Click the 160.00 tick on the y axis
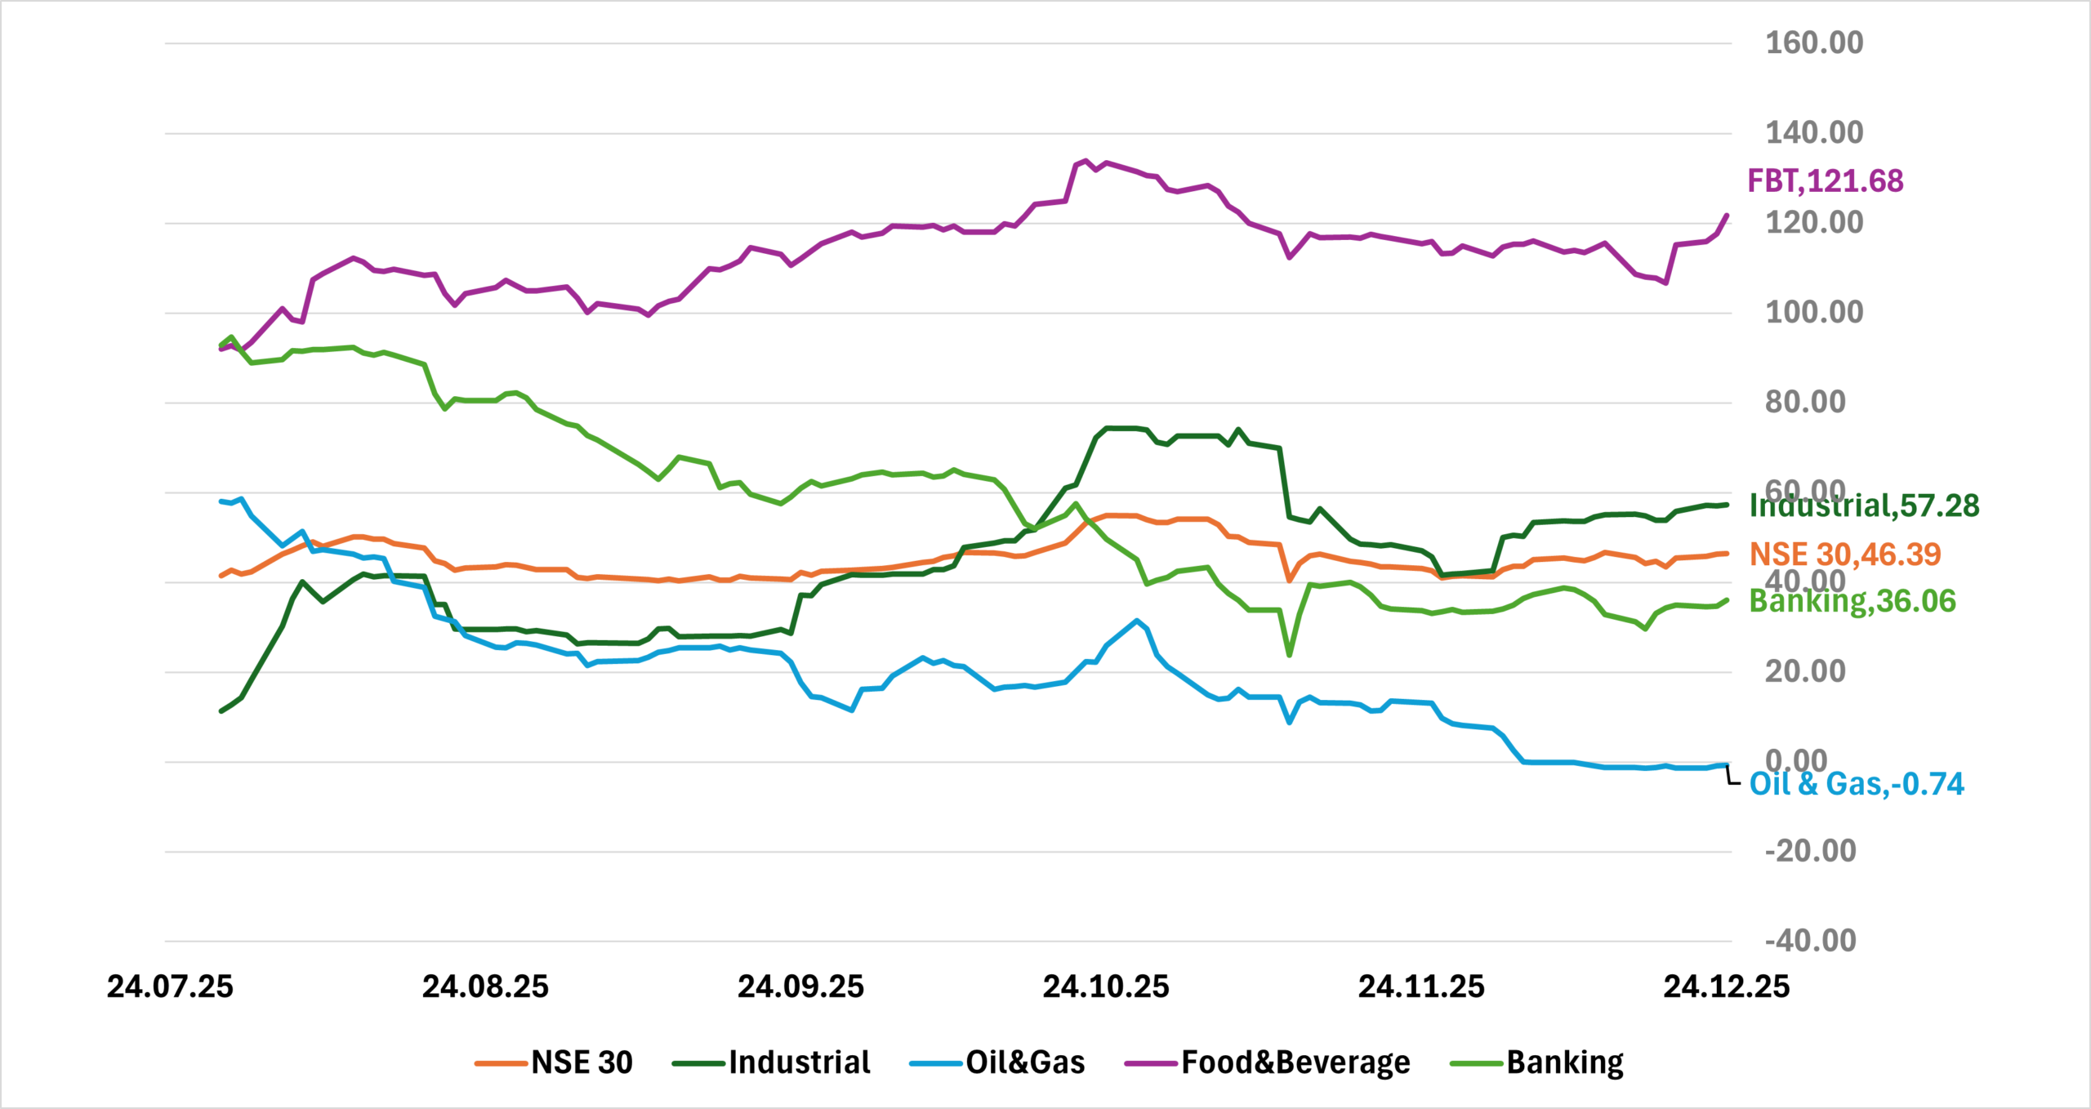click(x=1814, y=42)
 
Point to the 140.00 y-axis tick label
click(x=1814, y=132)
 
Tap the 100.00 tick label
click(x=1814, y=312)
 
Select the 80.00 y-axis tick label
click(x=1805, y=402)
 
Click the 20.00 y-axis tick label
click(x=1805, y=671)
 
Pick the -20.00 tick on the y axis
click(x=1810, y=851)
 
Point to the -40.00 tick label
click(x=1810, y=941)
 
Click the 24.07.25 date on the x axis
click(x=170, y=987)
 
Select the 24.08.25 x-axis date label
click(x=485, y=987)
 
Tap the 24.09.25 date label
click(x=800, y=987)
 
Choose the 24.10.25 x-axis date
click(x=1106, y=987)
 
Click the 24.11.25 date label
click(x=1421, y=987)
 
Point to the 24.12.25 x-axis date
click(x=1727, y=987)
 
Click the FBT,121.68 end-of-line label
click(x=1826, y=180)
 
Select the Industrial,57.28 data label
click(x=1864, y=506)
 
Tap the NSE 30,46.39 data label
click(x=1845, y=554)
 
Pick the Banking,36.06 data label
click(x=1852, y=602)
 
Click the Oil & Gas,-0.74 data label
click(x=1857, y=784)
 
